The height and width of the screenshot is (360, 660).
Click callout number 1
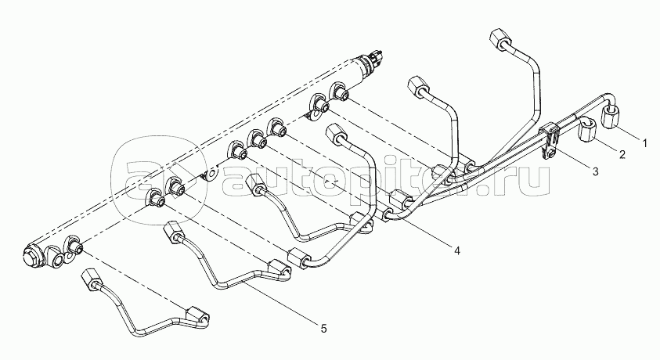[x=644, y=143]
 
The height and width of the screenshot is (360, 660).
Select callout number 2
[x=622, y=154]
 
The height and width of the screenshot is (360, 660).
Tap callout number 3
[x=595, y=171]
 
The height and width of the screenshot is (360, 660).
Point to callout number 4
[x=457, y=250]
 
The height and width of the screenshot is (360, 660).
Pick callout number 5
[x=323, y=328]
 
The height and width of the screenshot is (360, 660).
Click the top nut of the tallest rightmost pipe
[x=500, y=39]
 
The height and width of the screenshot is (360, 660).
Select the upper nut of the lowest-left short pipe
[x=91, y=279]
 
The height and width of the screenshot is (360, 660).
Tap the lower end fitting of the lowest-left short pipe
[x=197, y=316]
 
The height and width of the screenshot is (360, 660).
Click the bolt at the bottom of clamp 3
[x=550, y=153]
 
